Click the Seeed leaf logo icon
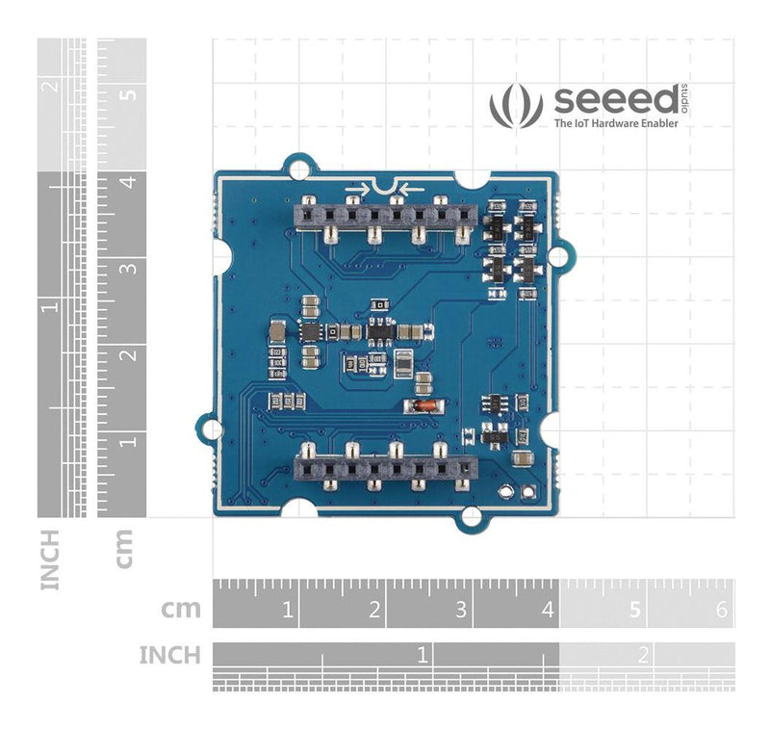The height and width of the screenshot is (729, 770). point(516,106)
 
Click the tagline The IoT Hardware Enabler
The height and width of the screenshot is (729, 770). point(623,124)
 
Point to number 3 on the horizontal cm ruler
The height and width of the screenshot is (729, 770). point(460,610)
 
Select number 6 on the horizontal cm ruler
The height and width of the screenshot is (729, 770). point(721,610)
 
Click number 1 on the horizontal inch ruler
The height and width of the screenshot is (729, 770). point(422,655)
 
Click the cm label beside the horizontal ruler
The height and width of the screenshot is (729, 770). point(181,609)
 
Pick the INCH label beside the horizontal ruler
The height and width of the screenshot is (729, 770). point(170,656)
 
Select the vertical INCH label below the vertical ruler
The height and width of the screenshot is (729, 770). point(50,558)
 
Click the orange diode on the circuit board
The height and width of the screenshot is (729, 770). point(420,406)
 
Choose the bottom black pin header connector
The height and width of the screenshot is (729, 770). point(385,468)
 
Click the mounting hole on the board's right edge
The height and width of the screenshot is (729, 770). point(566,254)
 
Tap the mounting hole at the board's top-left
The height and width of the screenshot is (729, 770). point(300,167)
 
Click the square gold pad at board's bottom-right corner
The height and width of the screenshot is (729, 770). point(526,491)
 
